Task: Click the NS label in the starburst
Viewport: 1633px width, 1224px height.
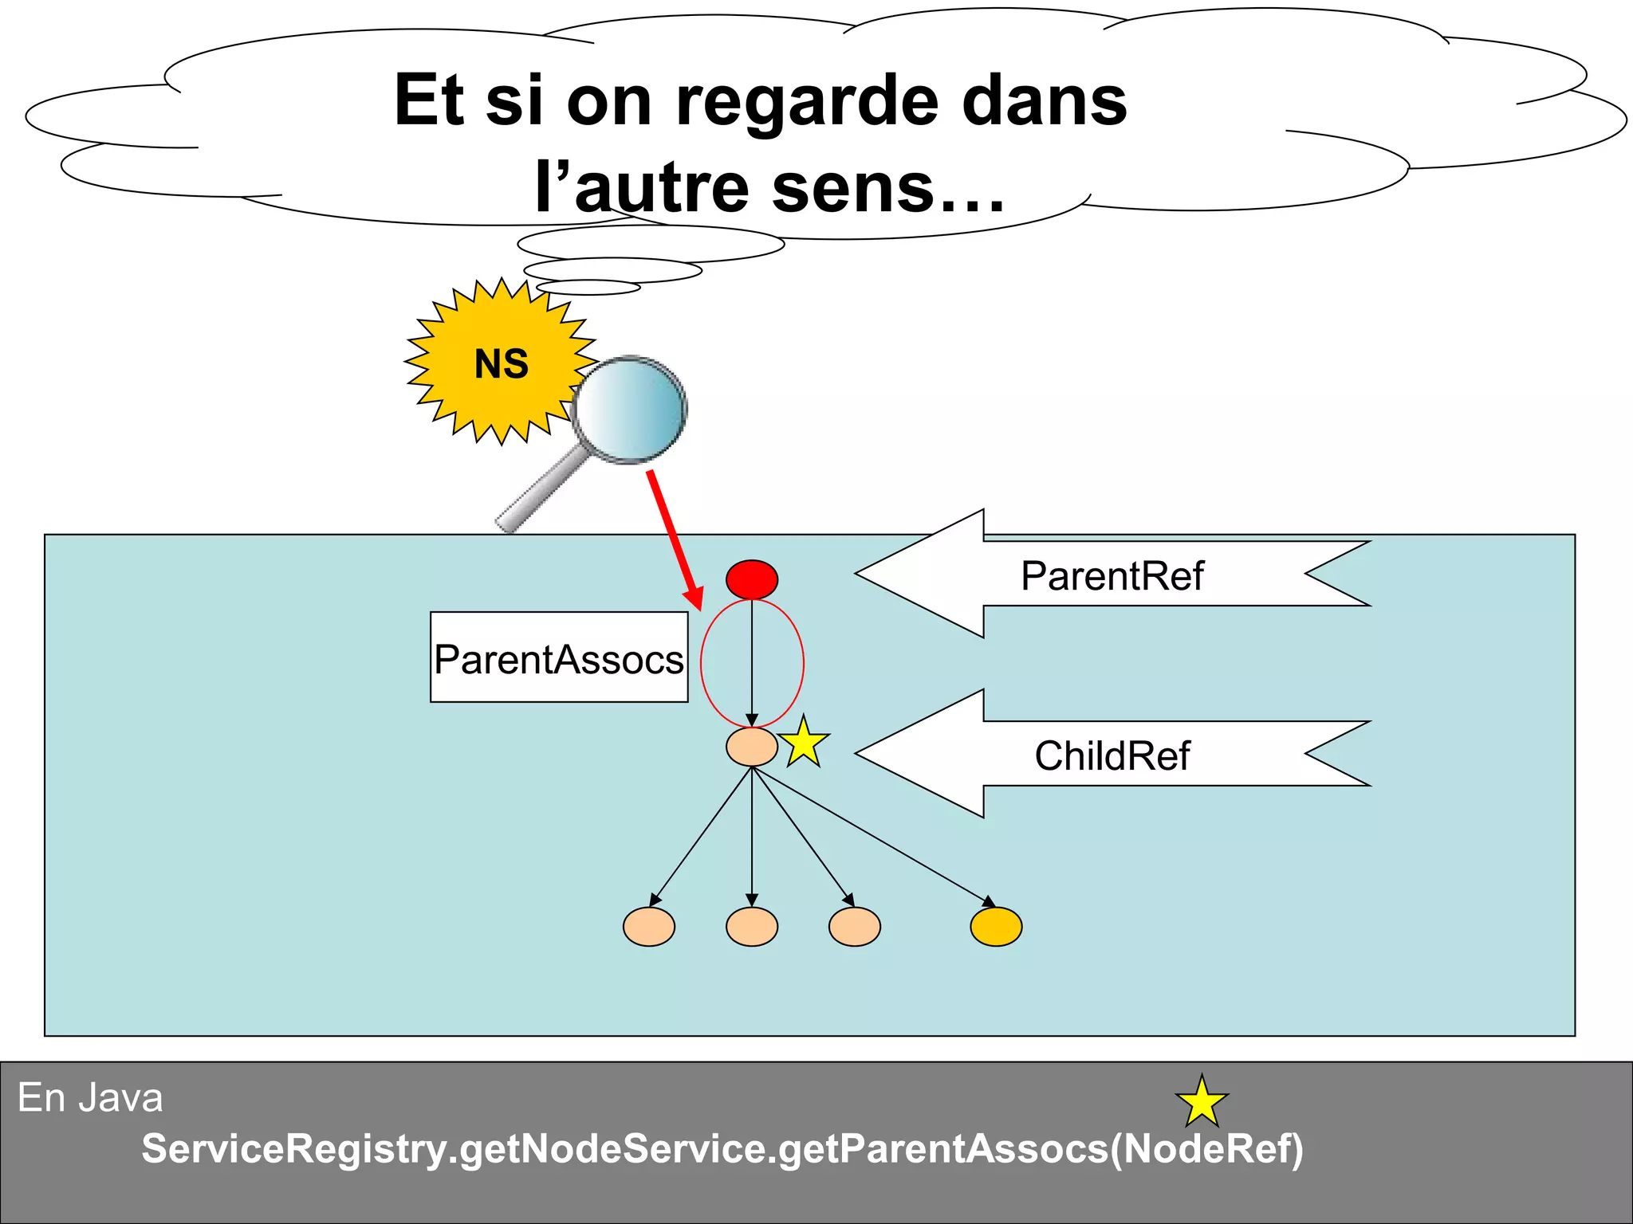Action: (502, 364)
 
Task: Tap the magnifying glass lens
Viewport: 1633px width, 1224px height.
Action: (630, 409)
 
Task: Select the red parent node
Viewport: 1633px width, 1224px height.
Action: (752, 579)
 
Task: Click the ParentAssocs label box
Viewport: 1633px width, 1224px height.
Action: (559, 657)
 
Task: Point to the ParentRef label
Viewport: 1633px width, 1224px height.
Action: (1112, 575)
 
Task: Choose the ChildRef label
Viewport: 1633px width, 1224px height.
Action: (1112, 755)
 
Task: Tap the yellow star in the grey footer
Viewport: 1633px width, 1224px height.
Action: (1202, 1102)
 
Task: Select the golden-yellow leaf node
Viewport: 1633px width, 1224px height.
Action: (996, 927)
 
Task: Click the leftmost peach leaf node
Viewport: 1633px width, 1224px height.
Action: (649, 927)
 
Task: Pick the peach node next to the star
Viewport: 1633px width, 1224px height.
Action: (752, 747)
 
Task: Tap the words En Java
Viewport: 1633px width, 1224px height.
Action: (90, 1098)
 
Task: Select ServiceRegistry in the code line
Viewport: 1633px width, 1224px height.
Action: (293, 1149)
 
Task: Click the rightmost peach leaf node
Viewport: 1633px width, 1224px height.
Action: (855, 927)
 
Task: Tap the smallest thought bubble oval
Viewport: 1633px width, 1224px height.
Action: (588, 287)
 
